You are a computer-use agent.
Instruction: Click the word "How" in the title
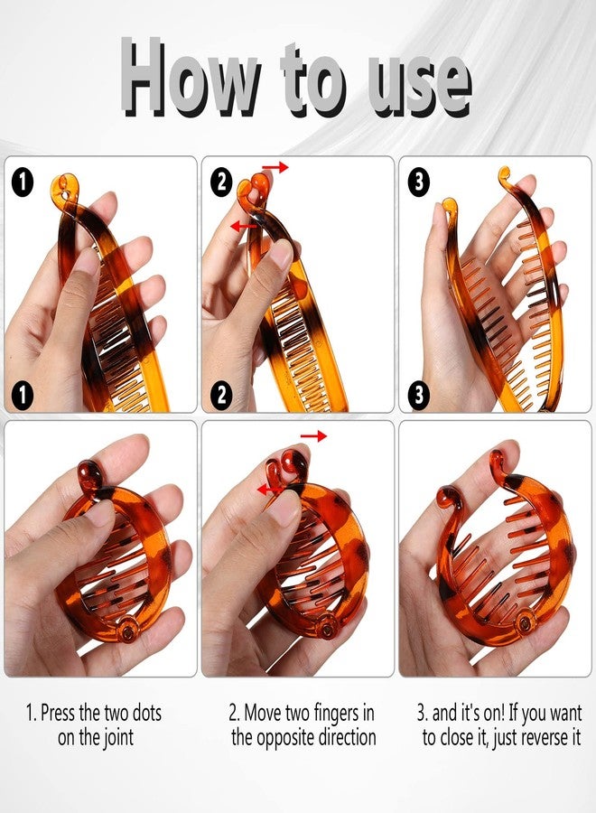[185, 79]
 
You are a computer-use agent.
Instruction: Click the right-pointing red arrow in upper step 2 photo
[277, 168]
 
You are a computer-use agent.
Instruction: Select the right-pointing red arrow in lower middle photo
[313, 436]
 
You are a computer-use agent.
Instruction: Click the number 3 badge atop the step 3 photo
[419, 181]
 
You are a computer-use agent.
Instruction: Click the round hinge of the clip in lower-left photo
[128, 634]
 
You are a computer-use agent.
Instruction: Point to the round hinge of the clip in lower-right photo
[526, 621]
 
